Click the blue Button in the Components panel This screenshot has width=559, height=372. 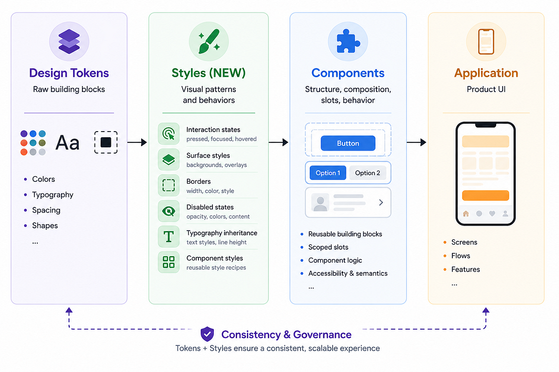(348, 143)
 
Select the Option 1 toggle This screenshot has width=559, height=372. (327, 173)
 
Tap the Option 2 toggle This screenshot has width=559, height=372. (368, 173)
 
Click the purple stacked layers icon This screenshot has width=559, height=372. (69, 41)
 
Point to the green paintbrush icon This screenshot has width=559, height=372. (209, 41)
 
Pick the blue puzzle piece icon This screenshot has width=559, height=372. (348, 41)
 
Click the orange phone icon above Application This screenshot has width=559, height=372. (486, 41)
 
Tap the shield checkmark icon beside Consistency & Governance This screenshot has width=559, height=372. (207, 334)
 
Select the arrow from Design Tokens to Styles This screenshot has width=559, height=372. (137, 142)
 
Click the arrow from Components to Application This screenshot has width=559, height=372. (416, 142)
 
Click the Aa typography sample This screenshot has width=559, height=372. (68, 143)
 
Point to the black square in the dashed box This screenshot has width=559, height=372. (106, 142)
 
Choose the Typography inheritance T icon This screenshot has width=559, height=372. (169, 237)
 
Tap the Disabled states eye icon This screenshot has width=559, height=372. (169, 211)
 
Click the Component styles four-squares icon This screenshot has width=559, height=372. (169, 262)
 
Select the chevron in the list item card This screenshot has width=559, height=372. (381, 202)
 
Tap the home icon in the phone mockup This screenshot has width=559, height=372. (466, 213)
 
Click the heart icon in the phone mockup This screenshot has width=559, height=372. (492, 213)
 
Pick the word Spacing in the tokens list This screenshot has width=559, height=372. (46, 210)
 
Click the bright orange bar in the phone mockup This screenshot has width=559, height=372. (485, 195)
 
